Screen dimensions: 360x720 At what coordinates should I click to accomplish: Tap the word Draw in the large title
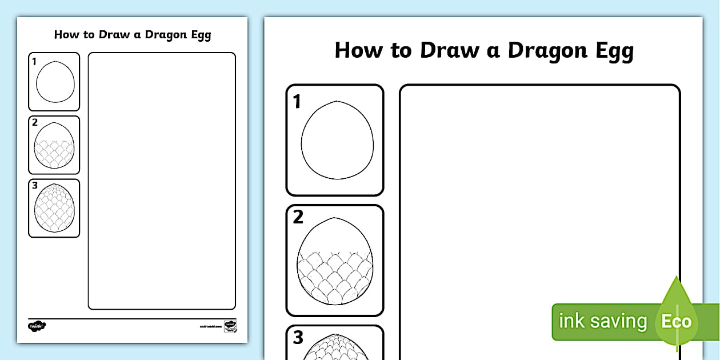[x=449, y=50]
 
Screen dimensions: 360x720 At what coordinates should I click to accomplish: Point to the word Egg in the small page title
[x=199, y=35]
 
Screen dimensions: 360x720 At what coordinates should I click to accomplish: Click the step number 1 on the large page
[x=297, y=102]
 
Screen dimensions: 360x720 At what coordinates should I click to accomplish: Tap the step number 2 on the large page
[x=298, y=218]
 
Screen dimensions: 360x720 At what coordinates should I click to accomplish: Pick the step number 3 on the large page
[x=298, y=338]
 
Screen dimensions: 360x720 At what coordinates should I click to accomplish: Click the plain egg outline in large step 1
[x=337, y=141]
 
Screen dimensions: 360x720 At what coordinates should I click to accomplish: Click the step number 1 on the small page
[x=34, y=61]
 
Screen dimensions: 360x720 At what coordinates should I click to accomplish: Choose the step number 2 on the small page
[x=35, y=122]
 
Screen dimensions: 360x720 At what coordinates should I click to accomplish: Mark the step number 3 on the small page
[x=35, y=185]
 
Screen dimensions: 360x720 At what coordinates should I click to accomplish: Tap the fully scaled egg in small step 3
[x=55, y=209]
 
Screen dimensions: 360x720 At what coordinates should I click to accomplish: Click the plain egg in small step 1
[x=55, y=82]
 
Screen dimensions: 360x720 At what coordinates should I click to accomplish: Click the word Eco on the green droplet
[x=677, y=321]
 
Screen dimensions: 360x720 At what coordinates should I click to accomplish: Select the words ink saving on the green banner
[x=603, y=321]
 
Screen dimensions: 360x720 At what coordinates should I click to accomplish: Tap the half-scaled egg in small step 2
[x=55, y=146]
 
